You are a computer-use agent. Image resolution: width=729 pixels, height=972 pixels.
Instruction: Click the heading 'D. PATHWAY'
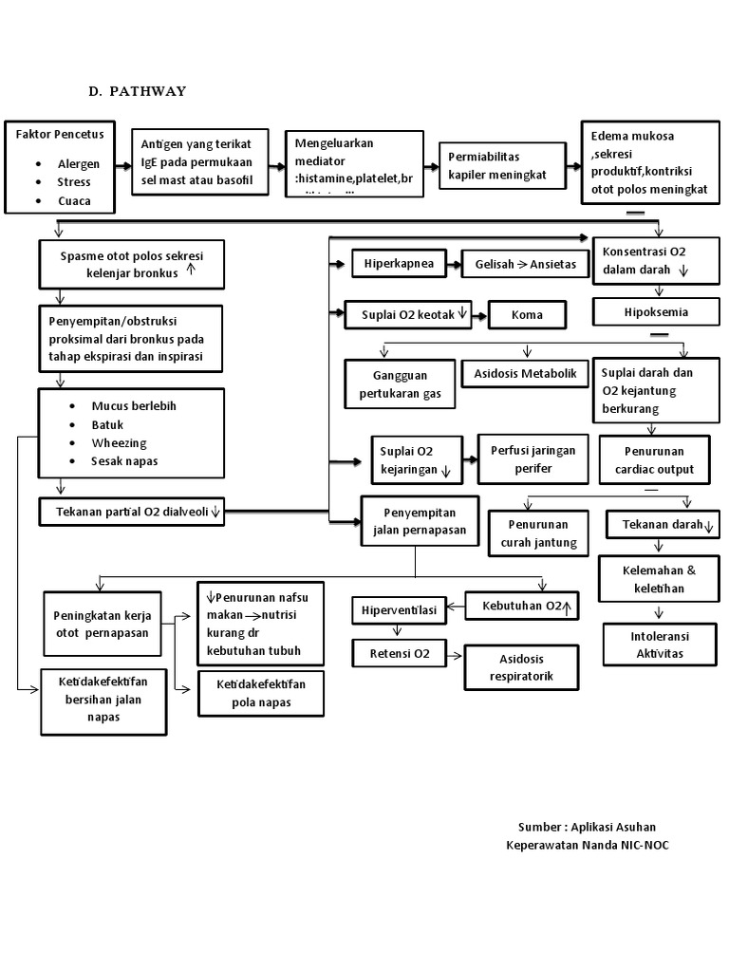pos(138,91)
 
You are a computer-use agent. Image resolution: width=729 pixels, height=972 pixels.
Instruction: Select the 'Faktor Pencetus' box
pos(61,167)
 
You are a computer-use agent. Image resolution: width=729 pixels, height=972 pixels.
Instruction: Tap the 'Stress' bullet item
pos(74,182)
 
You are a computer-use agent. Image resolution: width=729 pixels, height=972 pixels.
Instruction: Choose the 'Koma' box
pos(527,314)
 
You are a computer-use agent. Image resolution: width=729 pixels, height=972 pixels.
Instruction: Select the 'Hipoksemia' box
pos(656,311)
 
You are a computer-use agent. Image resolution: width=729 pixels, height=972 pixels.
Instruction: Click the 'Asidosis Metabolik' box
pos(525,374)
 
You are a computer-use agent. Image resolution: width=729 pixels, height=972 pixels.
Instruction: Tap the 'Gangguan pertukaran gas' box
pos(399,384)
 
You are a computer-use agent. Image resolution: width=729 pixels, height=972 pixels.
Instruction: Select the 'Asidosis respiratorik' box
pos(519,667)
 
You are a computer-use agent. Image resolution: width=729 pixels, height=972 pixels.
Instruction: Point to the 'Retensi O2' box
pos(400,654)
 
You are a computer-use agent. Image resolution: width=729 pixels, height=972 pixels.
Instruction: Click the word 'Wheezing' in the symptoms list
pos(119,443)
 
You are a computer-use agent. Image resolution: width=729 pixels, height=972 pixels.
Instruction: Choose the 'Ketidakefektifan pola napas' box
pos(260,693)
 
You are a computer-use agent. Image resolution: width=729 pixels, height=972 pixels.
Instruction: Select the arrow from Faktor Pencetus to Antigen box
pos(122,166)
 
